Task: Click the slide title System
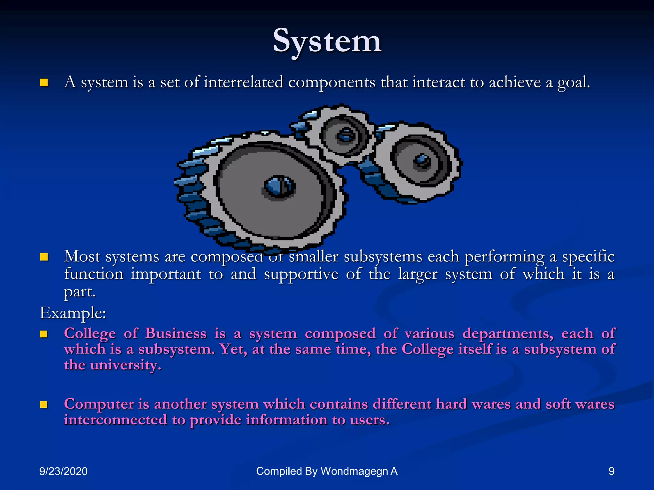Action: (327, 41)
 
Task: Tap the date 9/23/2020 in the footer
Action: (63, 471)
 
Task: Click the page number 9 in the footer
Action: (611, 471)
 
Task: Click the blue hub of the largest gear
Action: (279, 187)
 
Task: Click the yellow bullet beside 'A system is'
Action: (44, 83)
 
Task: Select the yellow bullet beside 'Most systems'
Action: (44, 257)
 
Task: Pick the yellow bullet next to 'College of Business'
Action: (44, 334)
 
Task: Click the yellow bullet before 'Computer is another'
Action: (44, 405)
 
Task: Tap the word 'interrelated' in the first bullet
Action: (243, 82)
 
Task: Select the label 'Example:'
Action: (73, 313)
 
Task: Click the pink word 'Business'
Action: (176, 334)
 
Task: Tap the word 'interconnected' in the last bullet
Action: (115, 420)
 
